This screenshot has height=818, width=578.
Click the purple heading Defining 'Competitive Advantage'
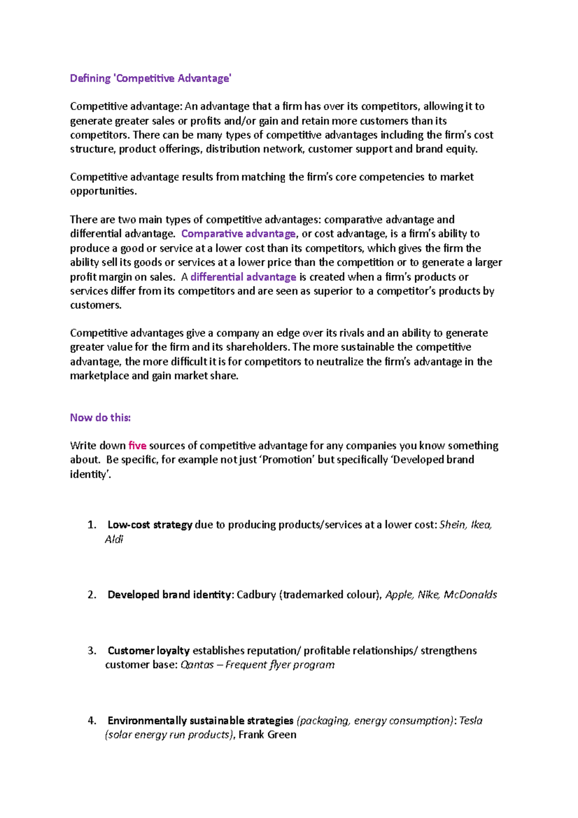coord(150,79)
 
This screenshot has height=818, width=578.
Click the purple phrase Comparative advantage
coord(238,234)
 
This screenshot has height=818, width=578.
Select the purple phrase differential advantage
coord(243,277)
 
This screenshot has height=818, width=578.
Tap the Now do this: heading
coord(100,418)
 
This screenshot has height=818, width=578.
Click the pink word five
coord(137,446)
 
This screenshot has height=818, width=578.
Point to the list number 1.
coord(92,525)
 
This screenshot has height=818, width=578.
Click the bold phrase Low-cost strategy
coord(149,525)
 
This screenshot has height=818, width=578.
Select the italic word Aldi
coord(114,540)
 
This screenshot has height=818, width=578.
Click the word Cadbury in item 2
coord(256,595)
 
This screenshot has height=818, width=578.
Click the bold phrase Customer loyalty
coord(148,651)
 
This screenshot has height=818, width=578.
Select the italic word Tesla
coord(471,721)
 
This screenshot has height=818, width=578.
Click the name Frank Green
coord(267,735)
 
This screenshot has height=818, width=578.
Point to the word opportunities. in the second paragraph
coord(104,192)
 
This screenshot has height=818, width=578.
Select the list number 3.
coord(92,651)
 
